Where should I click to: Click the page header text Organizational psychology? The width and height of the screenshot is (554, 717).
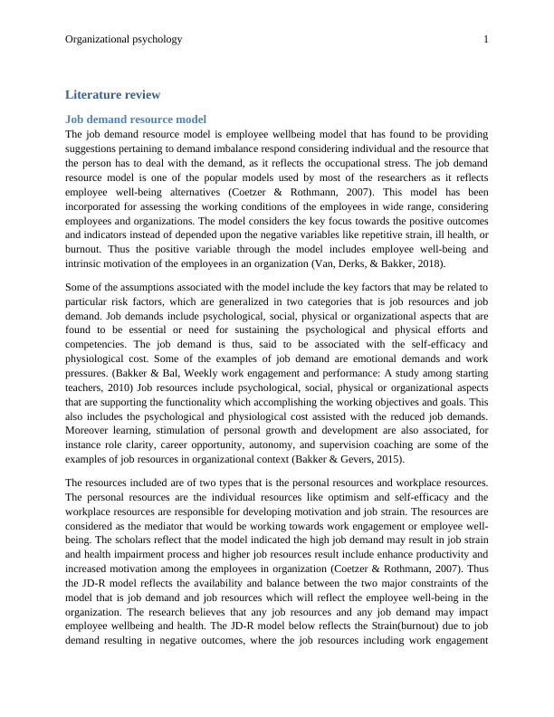(x=124, y=39)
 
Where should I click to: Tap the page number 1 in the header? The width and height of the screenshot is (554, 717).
(x=486, y=39)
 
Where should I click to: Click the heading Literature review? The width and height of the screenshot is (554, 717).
(x=113, y=94)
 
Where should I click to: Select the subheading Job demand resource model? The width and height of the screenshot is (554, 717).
(x=136, y=119)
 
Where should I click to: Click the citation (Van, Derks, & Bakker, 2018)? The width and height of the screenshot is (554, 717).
(x=387, y=263)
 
